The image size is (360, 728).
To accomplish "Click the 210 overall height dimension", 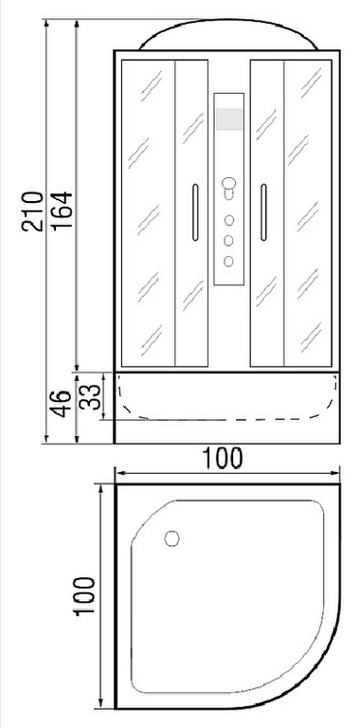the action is (32, 210).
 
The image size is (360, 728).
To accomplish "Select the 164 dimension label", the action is (62, 209).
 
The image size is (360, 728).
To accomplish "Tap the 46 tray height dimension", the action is (62, 404).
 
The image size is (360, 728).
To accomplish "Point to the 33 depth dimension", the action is (90, 396).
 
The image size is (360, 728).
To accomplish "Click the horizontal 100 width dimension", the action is (222, 458).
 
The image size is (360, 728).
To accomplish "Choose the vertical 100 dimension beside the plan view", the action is (84, 596).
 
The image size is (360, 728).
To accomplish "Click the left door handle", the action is (195, 212).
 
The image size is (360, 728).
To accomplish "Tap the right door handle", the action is (263, 212).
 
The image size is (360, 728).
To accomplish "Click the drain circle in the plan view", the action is (171, 538).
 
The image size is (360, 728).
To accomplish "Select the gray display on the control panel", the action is (228, 119).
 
